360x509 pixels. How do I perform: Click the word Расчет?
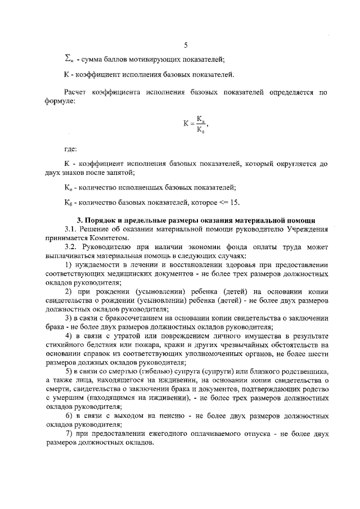(75, 91)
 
